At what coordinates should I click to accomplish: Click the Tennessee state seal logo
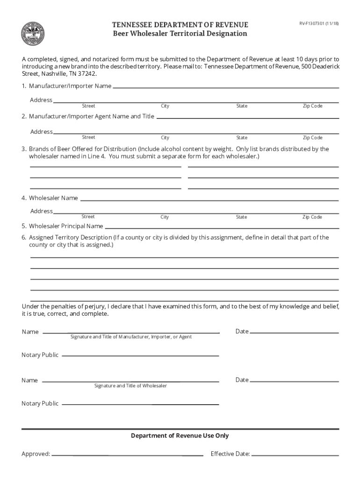point(33,34)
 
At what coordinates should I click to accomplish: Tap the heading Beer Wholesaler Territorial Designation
point(180,34)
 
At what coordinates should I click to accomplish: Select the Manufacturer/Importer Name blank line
point(226,87)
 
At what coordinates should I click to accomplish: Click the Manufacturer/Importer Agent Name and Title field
point(247,117)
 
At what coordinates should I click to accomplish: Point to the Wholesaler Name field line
point(209,200)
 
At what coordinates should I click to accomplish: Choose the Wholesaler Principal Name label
point(66,226)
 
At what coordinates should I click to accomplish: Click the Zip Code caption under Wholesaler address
point(312,217)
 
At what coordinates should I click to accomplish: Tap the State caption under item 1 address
point(242,106)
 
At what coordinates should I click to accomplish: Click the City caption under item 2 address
point(165,138)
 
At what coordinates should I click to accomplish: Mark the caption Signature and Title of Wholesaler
point(130,386)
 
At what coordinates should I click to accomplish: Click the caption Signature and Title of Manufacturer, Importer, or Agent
point(131,337)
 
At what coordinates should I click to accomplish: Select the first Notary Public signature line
point(140,356)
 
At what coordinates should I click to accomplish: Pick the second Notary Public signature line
point(140,404)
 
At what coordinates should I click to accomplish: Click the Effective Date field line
point(295,454)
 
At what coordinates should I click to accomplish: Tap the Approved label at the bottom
point(36,454)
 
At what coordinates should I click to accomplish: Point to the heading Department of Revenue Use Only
point(180,435)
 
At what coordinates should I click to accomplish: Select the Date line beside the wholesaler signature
point(294,381)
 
